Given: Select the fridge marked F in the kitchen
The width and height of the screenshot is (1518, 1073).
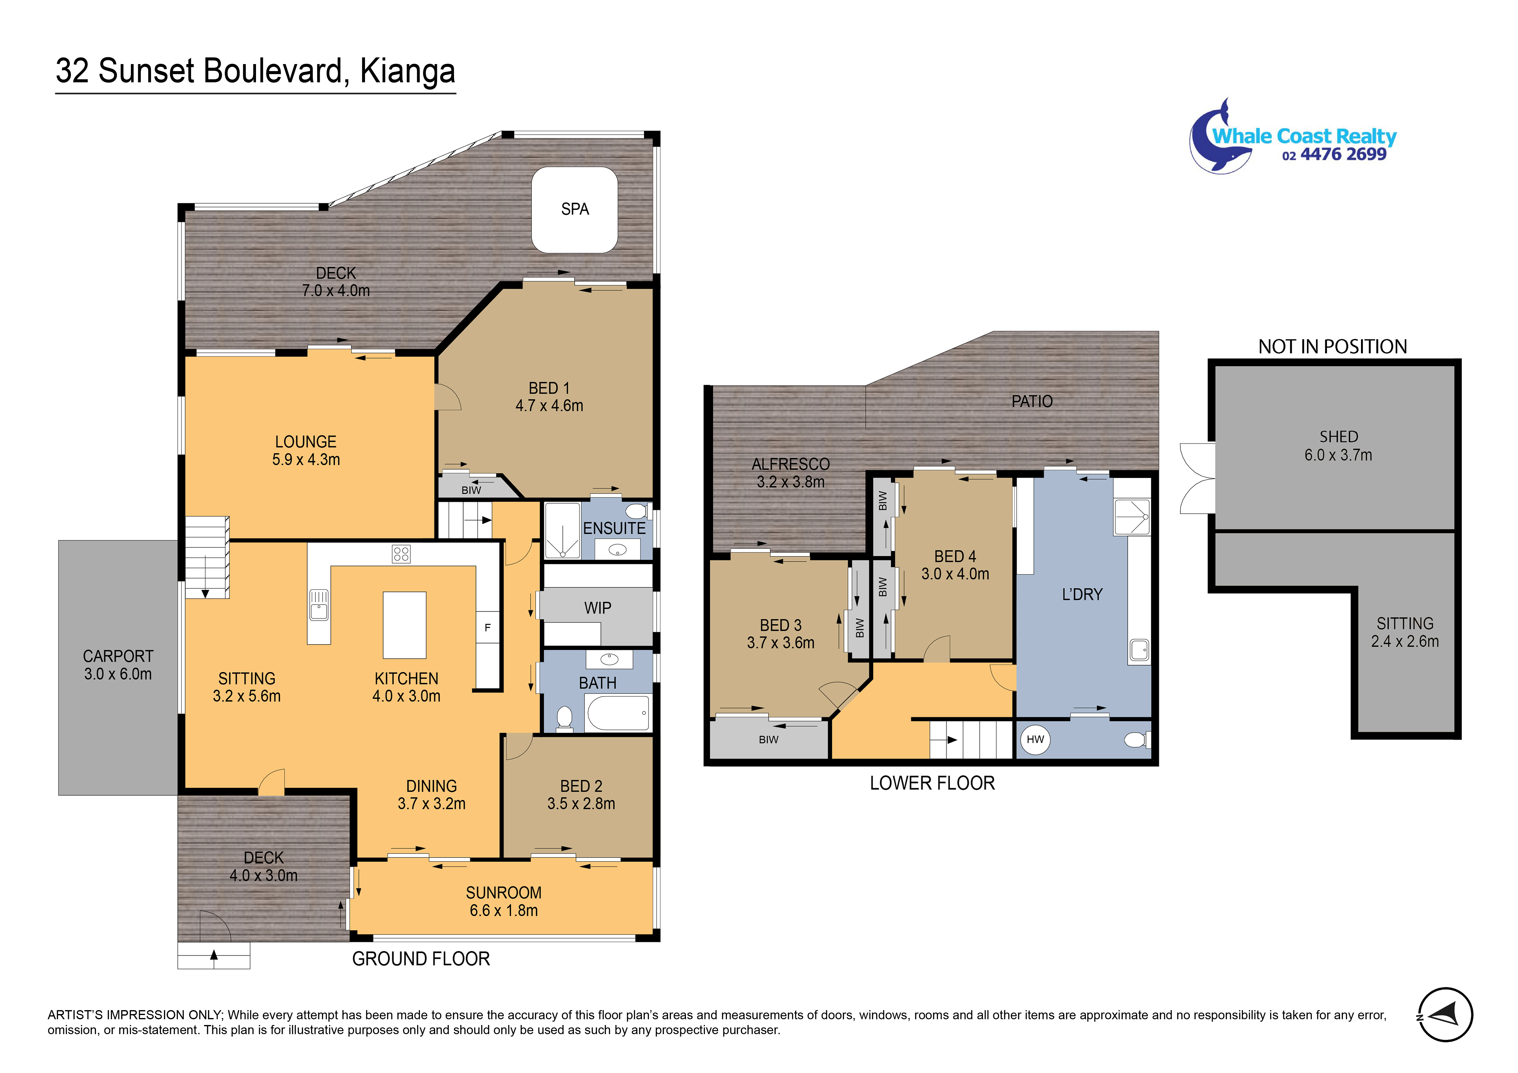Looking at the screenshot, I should click(487, 627).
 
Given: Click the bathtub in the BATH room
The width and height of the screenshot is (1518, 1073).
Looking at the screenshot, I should click(618, 713).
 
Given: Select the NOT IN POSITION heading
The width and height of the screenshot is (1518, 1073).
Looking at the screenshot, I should click(1332, 347).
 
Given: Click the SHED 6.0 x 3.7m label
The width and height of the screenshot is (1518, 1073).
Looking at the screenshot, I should click(1338, 446).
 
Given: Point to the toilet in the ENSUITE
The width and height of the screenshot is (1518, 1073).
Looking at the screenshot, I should click(636, 511).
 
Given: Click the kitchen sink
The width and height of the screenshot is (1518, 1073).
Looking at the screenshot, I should click(319, 604).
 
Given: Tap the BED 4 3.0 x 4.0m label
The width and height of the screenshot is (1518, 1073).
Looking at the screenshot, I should click(955, 565).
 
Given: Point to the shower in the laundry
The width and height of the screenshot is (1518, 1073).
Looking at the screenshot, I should click(1131, 516).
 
